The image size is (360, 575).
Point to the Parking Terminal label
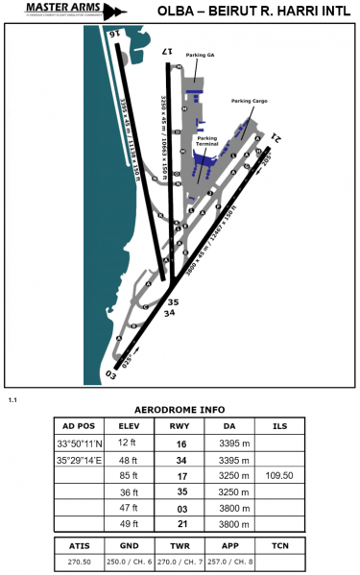[x=207, y=140]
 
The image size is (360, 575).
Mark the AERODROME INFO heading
[x=179, y=408]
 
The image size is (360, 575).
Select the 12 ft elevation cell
[x=129, y=443]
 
